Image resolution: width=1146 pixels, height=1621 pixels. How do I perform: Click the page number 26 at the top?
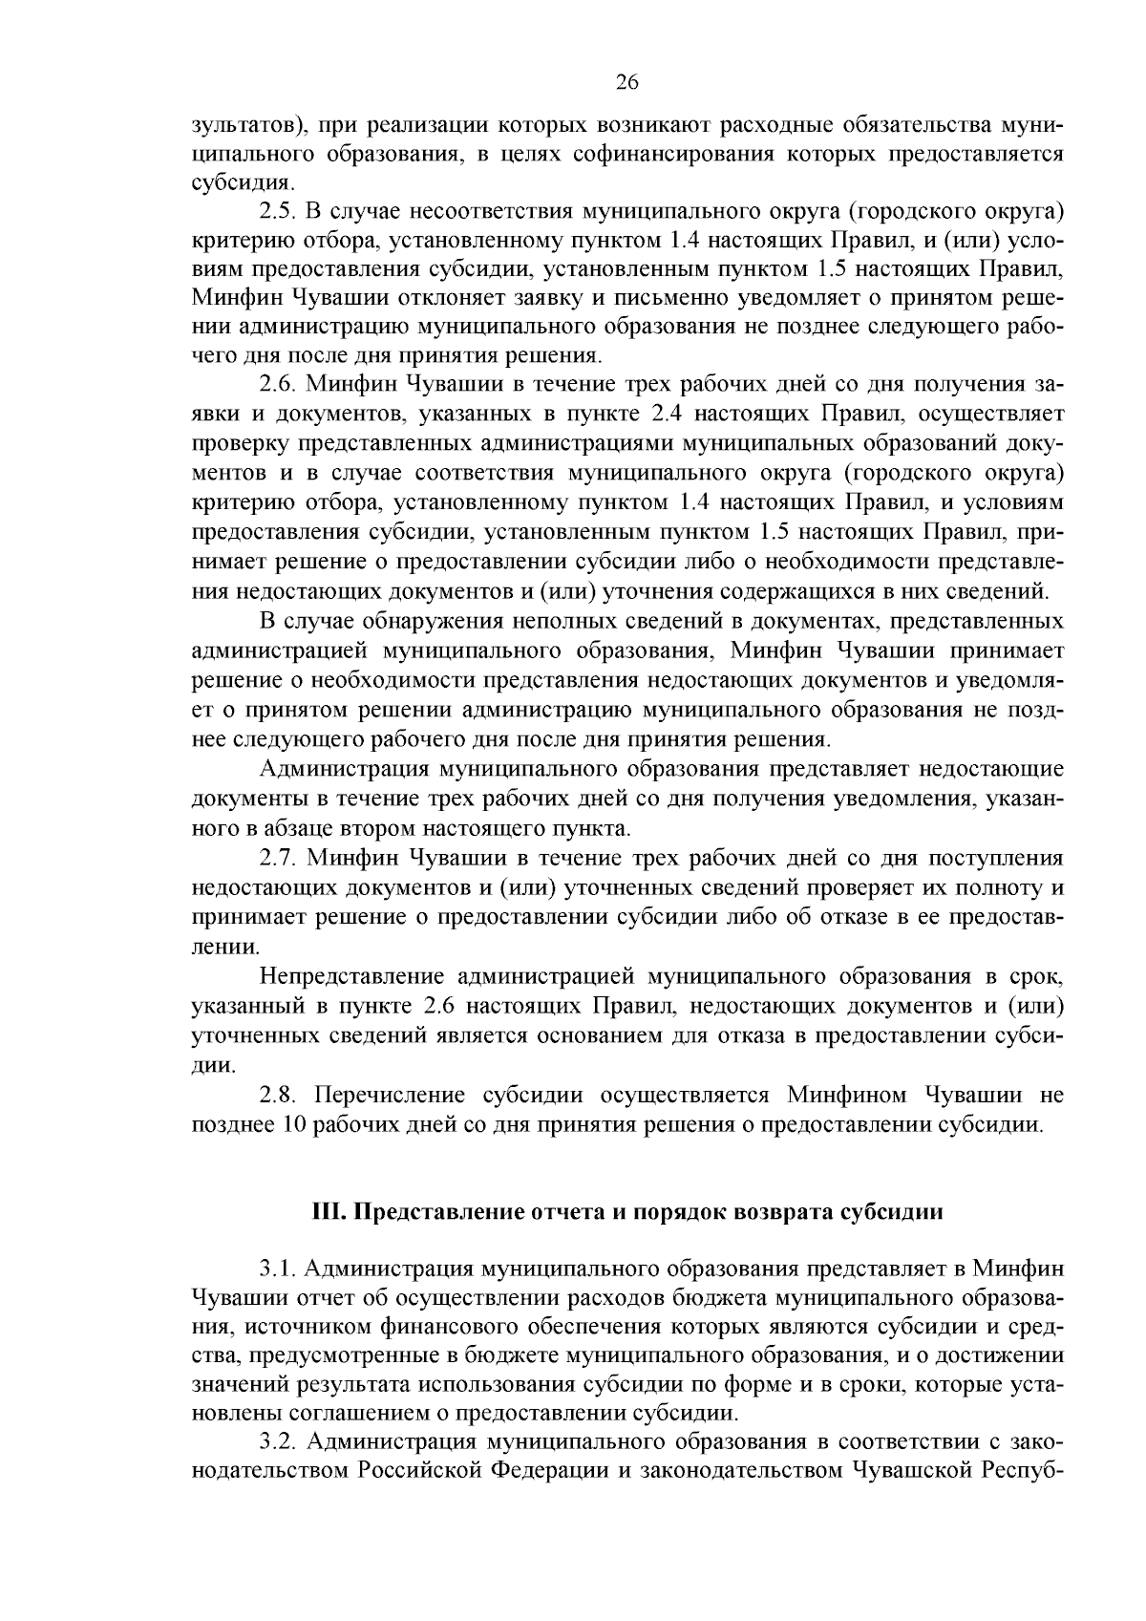click(626, 81)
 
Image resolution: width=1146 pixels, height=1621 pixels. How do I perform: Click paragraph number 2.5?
click(277, 210)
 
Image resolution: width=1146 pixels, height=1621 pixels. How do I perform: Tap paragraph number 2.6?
click(277, 385)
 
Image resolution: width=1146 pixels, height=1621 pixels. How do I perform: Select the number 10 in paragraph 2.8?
click(293, 1123)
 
